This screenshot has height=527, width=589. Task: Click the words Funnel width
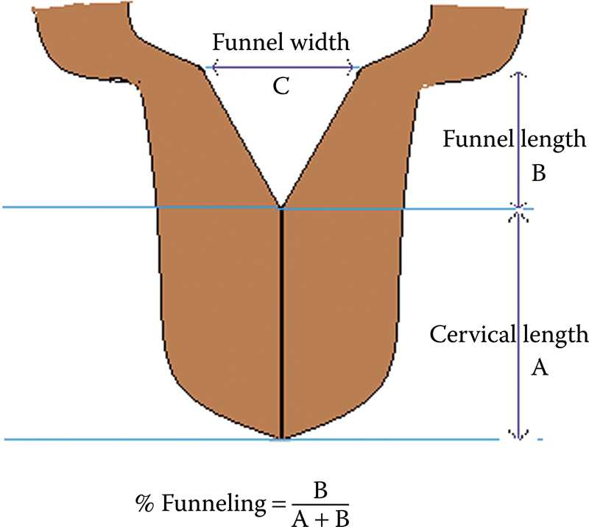[281, 43]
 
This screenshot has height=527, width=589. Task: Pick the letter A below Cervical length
[540, 369]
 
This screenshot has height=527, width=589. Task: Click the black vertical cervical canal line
[281, 324]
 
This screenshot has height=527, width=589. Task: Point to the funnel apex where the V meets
[281, 206]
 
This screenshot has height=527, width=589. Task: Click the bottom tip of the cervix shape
[281, 439]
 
